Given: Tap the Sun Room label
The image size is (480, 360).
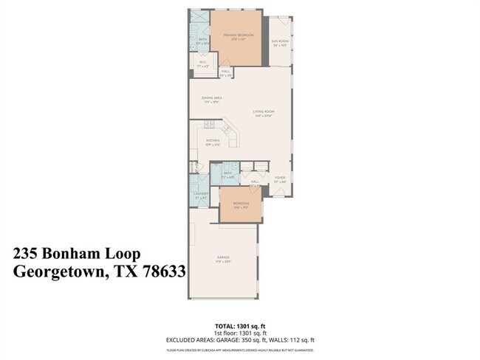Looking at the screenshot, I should click(x=279, y=41).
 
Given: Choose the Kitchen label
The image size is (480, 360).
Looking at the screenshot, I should click(x=213, y=140).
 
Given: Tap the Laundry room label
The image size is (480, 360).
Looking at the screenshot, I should click(x=201, y=194).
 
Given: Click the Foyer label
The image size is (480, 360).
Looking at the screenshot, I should click(x=280, y=177).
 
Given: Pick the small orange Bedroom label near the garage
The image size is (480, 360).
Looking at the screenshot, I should click(x=241, y=204).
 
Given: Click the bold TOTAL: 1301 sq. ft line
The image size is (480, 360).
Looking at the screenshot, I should click(x=239, y=325).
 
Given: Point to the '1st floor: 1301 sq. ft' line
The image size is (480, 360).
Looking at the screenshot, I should click(x=239, y=332).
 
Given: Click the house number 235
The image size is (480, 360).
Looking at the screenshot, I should click(x=27, y=253).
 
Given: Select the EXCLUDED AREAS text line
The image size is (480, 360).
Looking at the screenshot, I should click(x=239, y=339).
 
